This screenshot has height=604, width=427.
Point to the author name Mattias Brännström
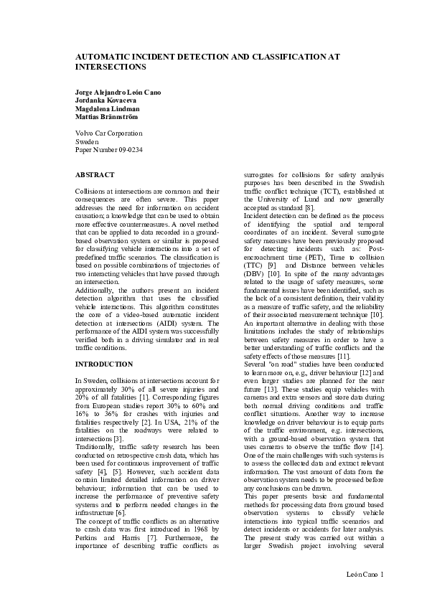[x=107, y=116]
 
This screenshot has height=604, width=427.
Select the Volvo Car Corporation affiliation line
[x=108, y=133]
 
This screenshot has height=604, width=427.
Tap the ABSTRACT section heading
[x=94, y=175]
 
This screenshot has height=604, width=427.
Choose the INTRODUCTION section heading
[x=104, y=364]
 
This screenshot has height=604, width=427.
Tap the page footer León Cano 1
[x=365, y=574]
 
